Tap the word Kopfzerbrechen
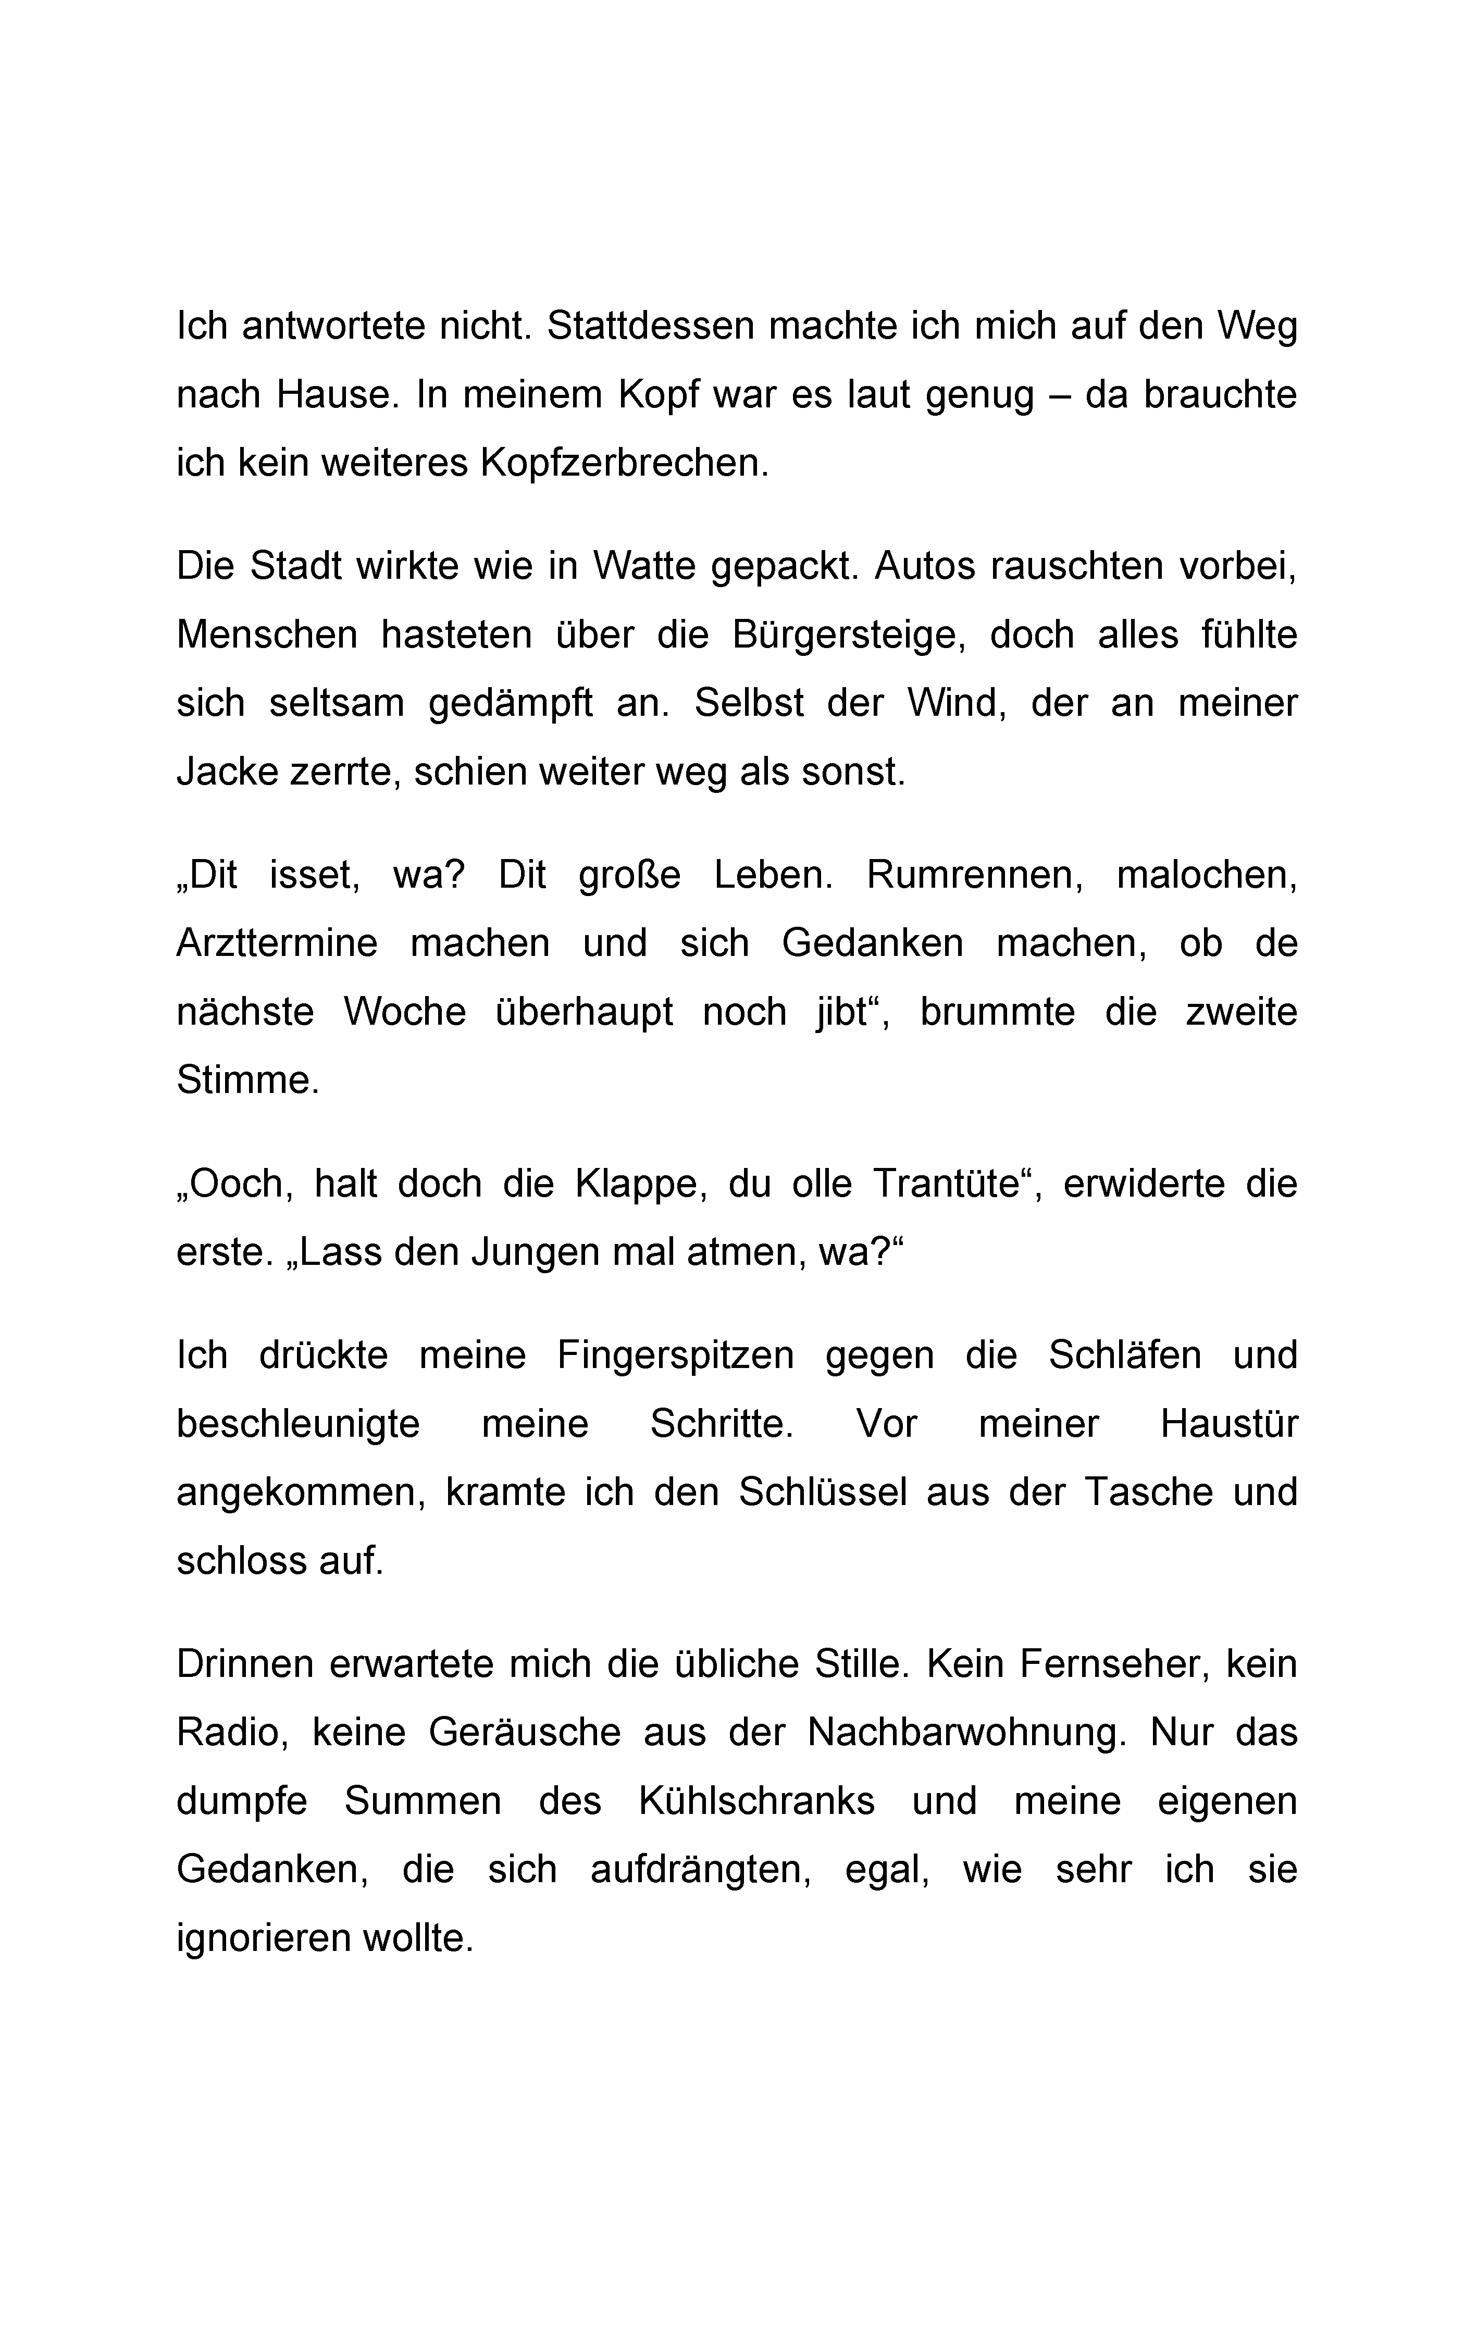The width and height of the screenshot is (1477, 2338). pyautogui.click(x=624, y=463)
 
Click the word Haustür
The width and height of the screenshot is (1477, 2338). pyautogui.click(x=1228, y=1424)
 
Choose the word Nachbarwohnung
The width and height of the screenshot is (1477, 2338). pyautogui.click(x=966, y=1733)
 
